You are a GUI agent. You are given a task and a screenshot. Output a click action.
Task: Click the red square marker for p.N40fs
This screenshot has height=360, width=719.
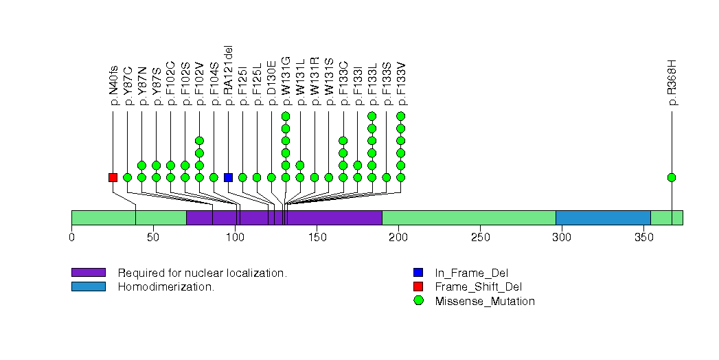click(x=113, y=177)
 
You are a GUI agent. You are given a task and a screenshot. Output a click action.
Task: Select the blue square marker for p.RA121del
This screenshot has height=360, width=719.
click(x=228, y=177)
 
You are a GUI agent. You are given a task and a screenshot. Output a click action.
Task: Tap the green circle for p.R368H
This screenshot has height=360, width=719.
click(x=672, y=177)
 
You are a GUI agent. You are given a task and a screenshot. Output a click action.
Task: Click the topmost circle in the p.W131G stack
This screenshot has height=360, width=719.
click(x=286, y=115)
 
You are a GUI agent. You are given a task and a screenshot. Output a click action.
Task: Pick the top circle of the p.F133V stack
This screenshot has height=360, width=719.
click(x=401, y=115)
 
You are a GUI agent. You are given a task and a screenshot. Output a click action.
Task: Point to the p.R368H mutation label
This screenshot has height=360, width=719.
click(x=672, y=83)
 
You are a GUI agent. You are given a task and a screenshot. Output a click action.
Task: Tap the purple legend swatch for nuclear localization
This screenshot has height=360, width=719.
click(x=88, y=273)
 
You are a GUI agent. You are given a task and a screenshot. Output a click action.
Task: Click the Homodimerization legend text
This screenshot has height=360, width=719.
click(x=166, y=286)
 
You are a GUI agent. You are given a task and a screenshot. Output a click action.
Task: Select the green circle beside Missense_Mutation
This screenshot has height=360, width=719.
click(x=418, y=301)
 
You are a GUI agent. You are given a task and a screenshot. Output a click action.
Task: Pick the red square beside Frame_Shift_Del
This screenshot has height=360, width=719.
click(x=418, y=286)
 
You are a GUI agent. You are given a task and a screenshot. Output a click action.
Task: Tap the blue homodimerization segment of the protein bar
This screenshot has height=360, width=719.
click(x=602, y=218)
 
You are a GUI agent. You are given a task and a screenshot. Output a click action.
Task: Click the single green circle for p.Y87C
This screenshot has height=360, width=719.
click(x=127, y=177)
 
